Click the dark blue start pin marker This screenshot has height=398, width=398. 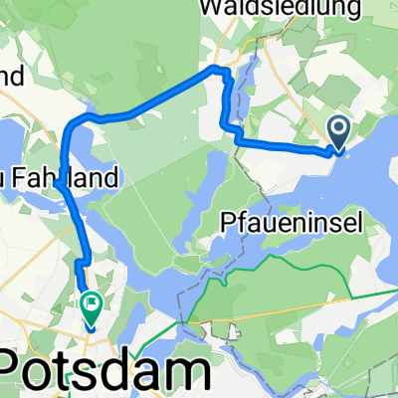click(x=338, y=131)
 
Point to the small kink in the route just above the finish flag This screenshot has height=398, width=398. click(x=79, y=265)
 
